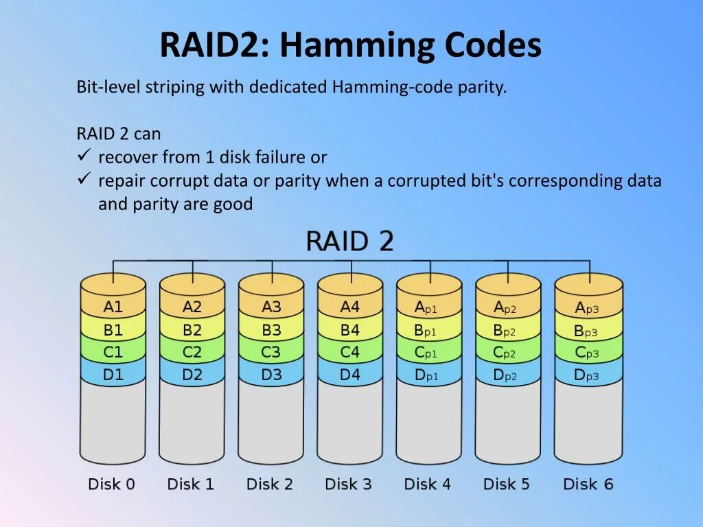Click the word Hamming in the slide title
[356, 46]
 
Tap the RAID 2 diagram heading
[349, 242]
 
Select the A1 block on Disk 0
[113, 307]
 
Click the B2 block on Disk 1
[192, 330]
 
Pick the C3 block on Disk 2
[271, 353]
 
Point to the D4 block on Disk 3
[350, 375]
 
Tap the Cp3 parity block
[587, 353]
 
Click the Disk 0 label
[112, 484]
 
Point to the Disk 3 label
[349, 484]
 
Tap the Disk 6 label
[588, 484]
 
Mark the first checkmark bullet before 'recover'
[84, 156]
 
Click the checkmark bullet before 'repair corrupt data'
[84, 179]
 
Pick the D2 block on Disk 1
[192, 375]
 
